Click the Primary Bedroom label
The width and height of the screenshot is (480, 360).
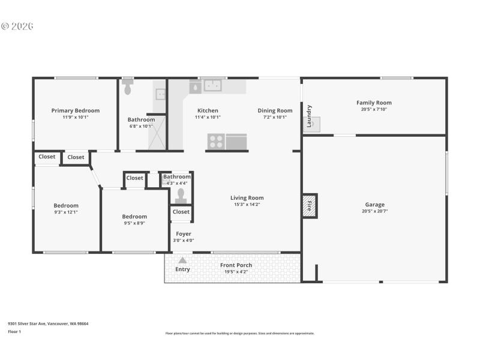coord(76,110)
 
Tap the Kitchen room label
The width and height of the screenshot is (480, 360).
coord(208,110)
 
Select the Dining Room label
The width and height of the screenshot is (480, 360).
coord(275,110)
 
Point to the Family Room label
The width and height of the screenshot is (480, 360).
coord(374,103)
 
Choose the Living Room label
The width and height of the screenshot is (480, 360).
coord(247,198)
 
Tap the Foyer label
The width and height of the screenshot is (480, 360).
coord(183,234)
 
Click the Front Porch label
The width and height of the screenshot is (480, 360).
coord(236,265)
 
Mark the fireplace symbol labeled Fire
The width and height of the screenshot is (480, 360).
coord(310,206)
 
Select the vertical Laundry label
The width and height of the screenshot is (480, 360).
coord(309,116)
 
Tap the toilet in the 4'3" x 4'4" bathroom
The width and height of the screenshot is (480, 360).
coord(181,194)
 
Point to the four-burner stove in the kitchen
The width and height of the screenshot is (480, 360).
coord(216,142)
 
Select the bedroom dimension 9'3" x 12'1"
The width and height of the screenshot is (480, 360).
coord(66,212)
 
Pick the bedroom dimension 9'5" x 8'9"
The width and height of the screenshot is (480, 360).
coord(134,223)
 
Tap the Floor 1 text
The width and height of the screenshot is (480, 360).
coord(14,331)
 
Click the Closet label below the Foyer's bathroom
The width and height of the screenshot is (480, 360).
coord(181,212)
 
